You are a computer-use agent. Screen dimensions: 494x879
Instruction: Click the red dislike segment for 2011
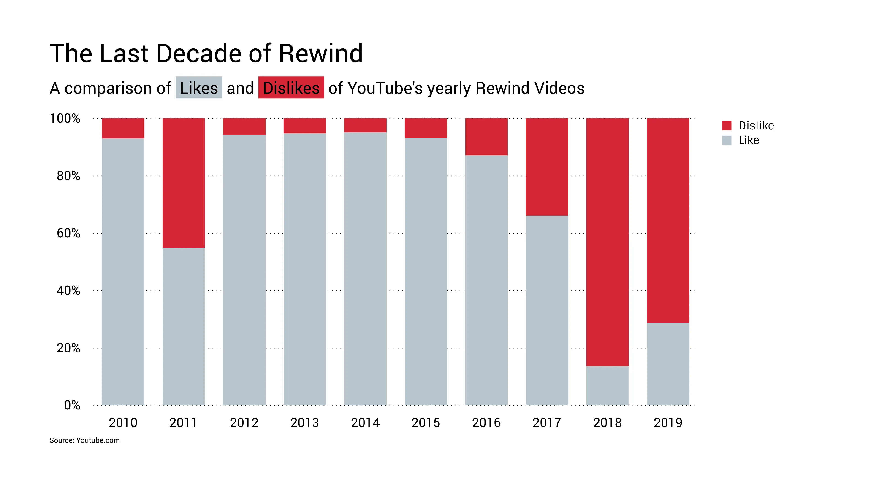(184, 183)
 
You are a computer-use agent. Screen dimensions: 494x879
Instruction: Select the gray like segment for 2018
(607, 386)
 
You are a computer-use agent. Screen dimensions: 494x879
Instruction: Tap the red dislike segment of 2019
(668, 220)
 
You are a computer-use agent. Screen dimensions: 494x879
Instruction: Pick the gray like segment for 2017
(547, 310)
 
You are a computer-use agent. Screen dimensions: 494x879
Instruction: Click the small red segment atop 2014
(365, 126)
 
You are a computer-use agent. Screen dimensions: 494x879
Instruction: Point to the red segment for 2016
(486, 137)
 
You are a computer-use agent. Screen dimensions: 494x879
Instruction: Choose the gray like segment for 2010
(123, 272)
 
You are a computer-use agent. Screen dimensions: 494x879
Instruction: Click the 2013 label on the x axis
(304, 423)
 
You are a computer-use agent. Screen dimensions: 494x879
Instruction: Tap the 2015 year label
(426, 423)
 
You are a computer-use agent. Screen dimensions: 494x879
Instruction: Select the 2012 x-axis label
(244, 423)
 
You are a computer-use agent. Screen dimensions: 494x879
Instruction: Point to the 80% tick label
(68, 176)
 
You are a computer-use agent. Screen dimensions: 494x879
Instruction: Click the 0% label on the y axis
(72, 405)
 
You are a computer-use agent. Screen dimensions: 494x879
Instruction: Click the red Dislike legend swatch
(727, 126)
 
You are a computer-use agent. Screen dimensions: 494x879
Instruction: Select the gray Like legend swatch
(727, 140)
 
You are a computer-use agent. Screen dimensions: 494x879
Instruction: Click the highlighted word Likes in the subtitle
(199, 88)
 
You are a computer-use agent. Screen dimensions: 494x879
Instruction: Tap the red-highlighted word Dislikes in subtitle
(291, 88)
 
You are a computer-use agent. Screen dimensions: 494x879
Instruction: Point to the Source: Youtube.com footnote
(85, 440)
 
